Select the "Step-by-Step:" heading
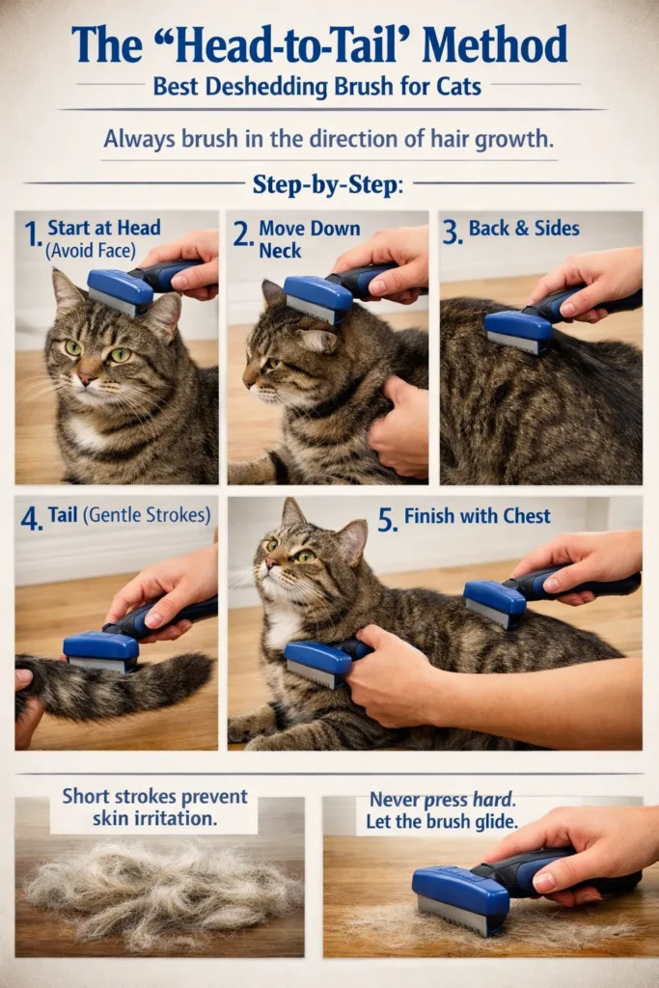(x=327, y=185)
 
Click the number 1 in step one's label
(x=32, y=233)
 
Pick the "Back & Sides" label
(x=524, y=229)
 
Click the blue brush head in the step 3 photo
(x=520, y=327)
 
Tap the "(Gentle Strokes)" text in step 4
(x=149, y=515)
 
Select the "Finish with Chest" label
(x=477, y=516)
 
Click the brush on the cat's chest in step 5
(x=317, y=662)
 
